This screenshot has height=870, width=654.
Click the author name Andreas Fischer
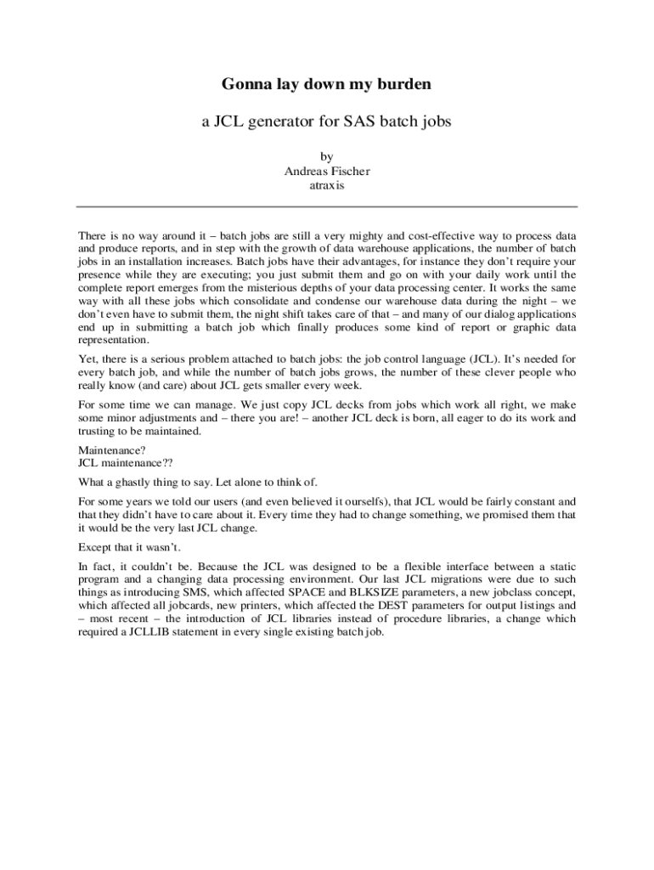click(327, 171)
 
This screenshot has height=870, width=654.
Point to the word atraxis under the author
click(327, 184)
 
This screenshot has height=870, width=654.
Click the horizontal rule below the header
click(327, 206)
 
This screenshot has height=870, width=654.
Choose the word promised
click(502, 515)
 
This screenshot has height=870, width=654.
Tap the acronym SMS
click(196, 593)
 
